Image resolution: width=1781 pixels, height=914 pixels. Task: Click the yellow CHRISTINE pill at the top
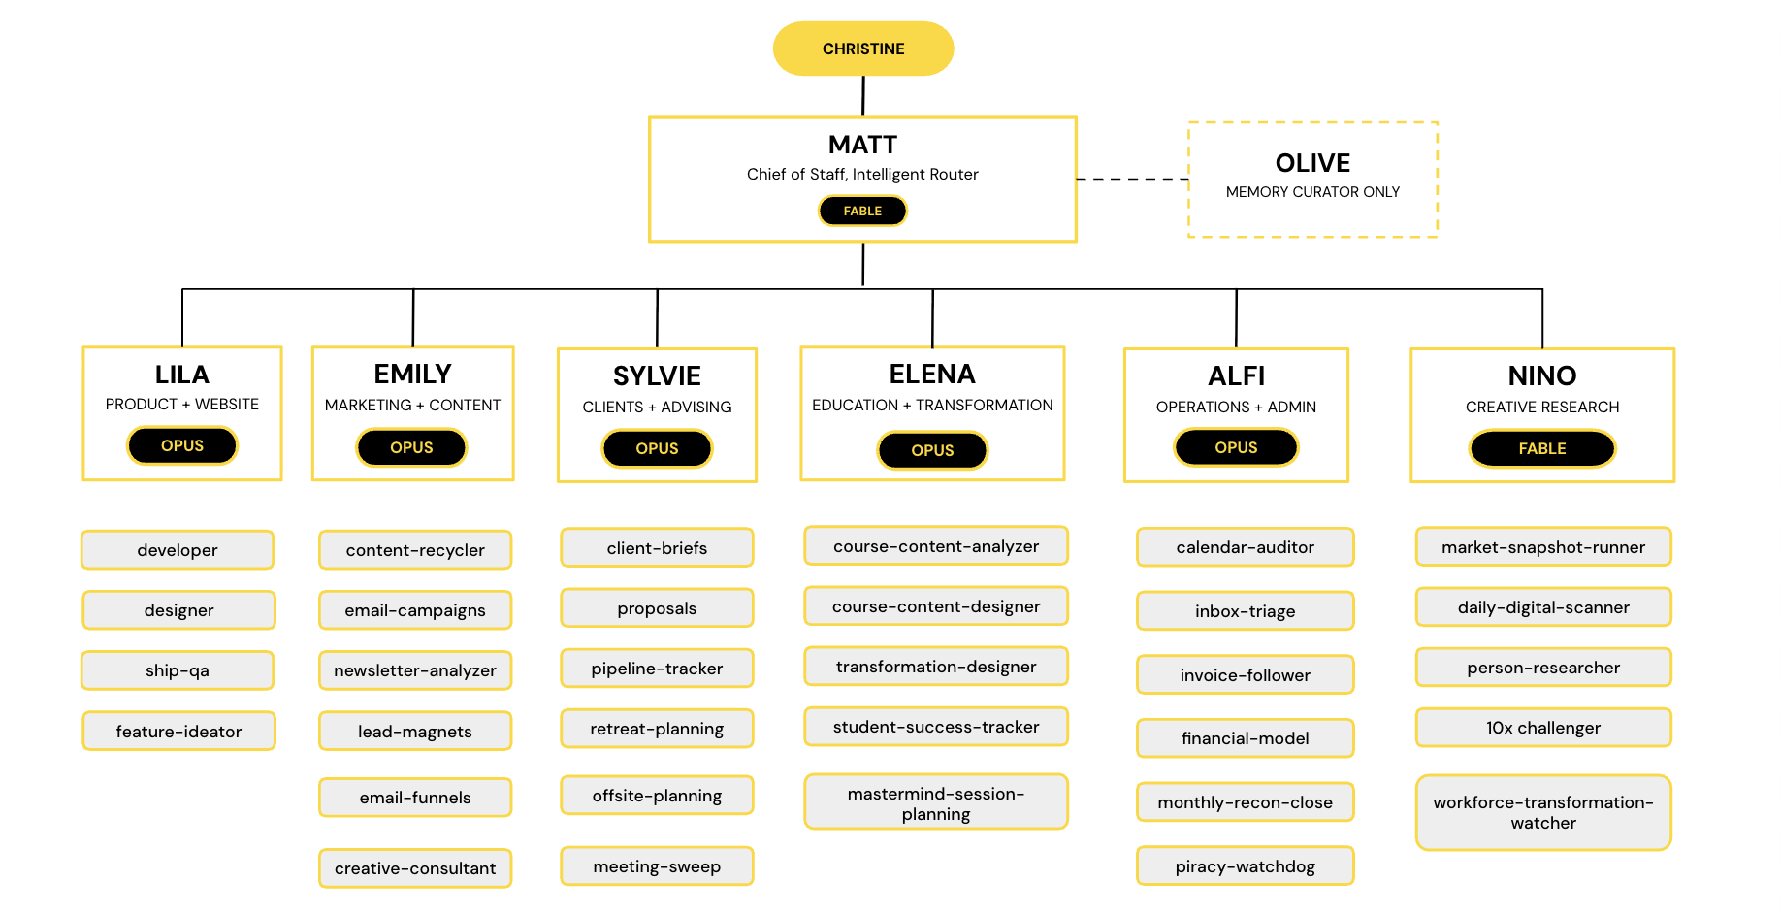pos(863,49)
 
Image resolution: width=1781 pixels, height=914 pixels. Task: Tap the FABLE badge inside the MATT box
pos(862,211)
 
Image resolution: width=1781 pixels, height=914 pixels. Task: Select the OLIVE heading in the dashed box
pos(1312,163)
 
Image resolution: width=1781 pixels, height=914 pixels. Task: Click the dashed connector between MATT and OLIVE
pos(1133,180)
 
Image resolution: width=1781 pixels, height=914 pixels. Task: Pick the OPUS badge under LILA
pos(182,445)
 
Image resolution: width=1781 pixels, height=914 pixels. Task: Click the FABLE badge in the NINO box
pos(1542,448)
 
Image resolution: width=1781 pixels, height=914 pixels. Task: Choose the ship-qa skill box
pos(178,670)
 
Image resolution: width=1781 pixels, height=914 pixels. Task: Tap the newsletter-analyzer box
pos(415,670)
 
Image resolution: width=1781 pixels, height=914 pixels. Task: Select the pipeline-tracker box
pos(657,669)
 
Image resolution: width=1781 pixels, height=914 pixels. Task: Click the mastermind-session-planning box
pos(936,802)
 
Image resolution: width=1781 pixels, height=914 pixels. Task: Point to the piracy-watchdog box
pos(1246,866)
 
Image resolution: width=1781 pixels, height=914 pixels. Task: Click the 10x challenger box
pos(1543,728)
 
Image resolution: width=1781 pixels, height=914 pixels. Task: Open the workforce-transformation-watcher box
pos(1543,813)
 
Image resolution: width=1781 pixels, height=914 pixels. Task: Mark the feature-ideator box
pos(178,732)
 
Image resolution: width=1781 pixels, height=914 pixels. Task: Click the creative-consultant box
pos(415,868)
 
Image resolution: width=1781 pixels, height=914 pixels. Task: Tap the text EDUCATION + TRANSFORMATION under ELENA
pos(932,406)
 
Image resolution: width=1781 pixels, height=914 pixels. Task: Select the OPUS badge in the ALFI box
pos(1236,447)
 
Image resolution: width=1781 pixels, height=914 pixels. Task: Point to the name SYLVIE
pos(657,376)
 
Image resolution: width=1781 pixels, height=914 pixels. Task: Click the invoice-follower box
pos(1246,675)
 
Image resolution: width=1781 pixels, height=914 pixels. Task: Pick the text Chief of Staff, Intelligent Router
pos(862,175)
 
